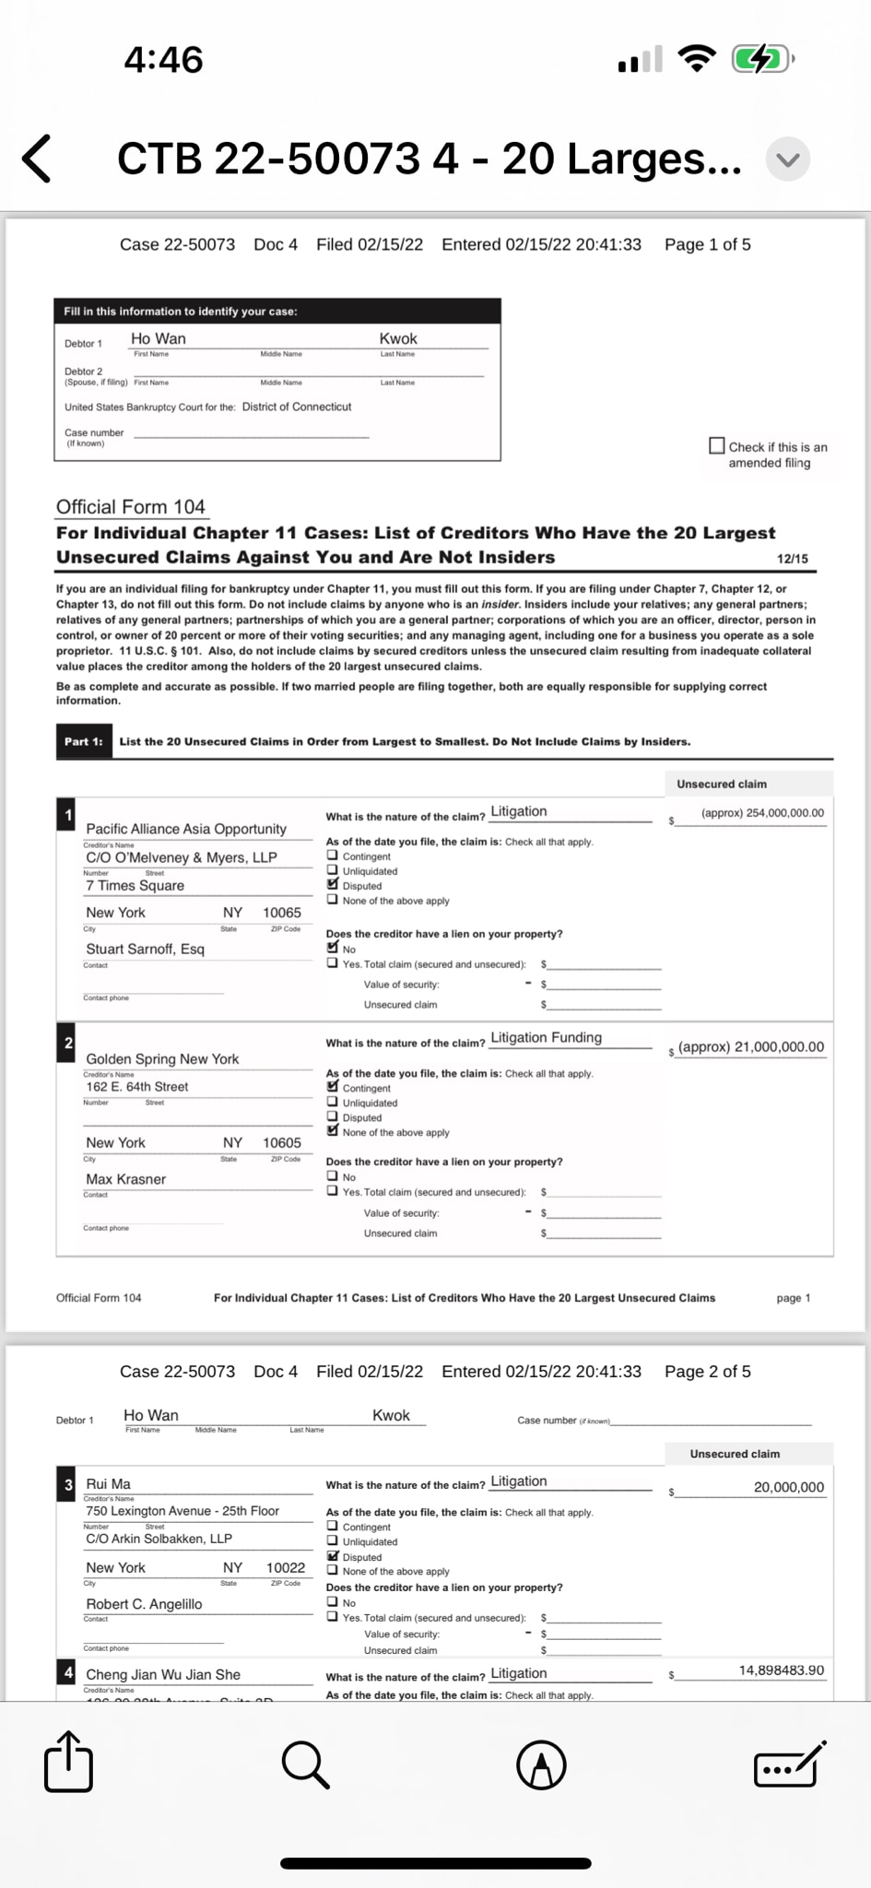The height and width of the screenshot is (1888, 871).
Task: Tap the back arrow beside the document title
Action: click(x=37, y=159)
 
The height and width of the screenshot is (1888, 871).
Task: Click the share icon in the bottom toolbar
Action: click(x=69, y=1762)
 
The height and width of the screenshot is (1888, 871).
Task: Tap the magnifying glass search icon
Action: click(x=305, y=1764)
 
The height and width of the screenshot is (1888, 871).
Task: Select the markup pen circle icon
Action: click(x=541, y=1764)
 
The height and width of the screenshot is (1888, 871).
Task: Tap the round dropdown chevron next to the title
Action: click(x=788, y=159)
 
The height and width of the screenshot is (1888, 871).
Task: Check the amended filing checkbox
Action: click(x=716, y=446)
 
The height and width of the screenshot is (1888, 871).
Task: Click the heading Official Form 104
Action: click(x=130, y=507)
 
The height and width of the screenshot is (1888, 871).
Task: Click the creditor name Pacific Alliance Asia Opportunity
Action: click(x=186, y=829)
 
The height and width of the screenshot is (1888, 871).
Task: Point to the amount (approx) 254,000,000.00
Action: click(x=762, y=813)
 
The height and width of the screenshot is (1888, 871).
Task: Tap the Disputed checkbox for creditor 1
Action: click(x=333, y=885)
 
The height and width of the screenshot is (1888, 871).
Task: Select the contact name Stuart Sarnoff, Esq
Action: click(x=145, y=949)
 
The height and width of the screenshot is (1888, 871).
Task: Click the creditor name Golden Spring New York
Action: click(x=162, y=1058)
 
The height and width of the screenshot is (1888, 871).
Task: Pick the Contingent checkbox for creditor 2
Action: click(x=333, y=1087)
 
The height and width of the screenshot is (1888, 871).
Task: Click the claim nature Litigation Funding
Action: click(x=546, y=1037)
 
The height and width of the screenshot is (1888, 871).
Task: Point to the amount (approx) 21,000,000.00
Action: click(x=751, y=1047)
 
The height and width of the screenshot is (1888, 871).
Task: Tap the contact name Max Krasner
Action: click(x=126, y=1179)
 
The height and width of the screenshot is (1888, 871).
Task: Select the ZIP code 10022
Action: click(x=286, y=1567)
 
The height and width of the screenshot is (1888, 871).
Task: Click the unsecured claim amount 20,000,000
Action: click(x=789, y=1487)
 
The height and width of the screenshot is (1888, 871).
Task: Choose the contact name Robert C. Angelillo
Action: click(x=144, y=1604)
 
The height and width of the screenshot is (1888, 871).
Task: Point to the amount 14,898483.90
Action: click(x=782, y=1670)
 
